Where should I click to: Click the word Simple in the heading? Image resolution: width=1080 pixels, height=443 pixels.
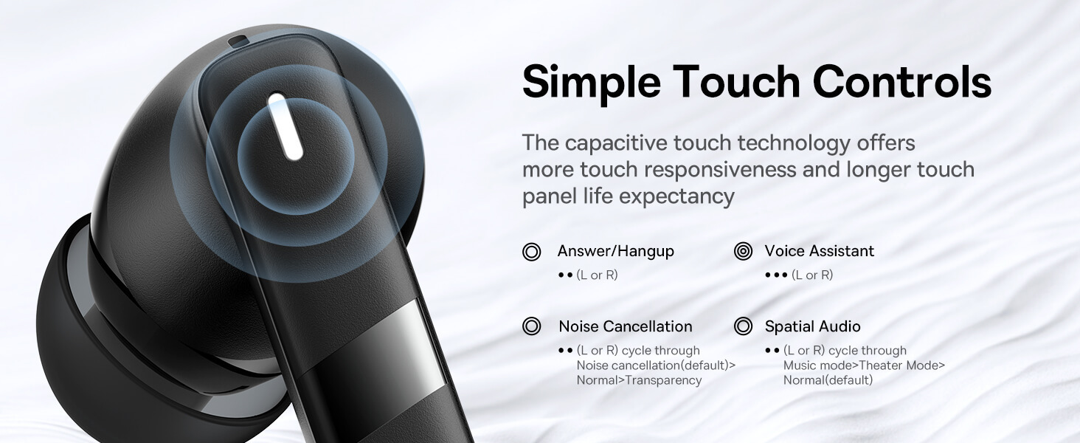click(592, 83)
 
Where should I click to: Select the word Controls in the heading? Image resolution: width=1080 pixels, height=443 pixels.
click(902, 81)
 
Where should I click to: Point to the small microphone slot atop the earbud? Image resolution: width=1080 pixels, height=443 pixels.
click(238, 41)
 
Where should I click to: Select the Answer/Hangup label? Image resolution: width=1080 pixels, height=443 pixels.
click(616, 252)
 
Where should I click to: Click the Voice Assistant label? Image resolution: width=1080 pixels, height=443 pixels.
click(819, 251)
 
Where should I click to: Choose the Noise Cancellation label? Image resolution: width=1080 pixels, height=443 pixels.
click(626, 326)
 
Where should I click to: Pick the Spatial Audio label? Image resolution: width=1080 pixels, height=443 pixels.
click(812, 326)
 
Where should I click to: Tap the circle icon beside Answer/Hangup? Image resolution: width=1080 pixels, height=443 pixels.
click(532, 252)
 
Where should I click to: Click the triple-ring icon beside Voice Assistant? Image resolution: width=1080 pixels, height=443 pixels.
click(743, 251)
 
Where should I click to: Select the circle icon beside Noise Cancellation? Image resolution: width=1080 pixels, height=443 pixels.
click(532, 326)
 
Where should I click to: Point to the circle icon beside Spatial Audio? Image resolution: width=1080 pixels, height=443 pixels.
click(743, 326)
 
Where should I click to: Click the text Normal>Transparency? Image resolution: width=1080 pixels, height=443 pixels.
click(639, 380)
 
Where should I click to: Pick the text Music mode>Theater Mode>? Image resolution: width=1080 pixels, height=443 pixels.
click(864, 365)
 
